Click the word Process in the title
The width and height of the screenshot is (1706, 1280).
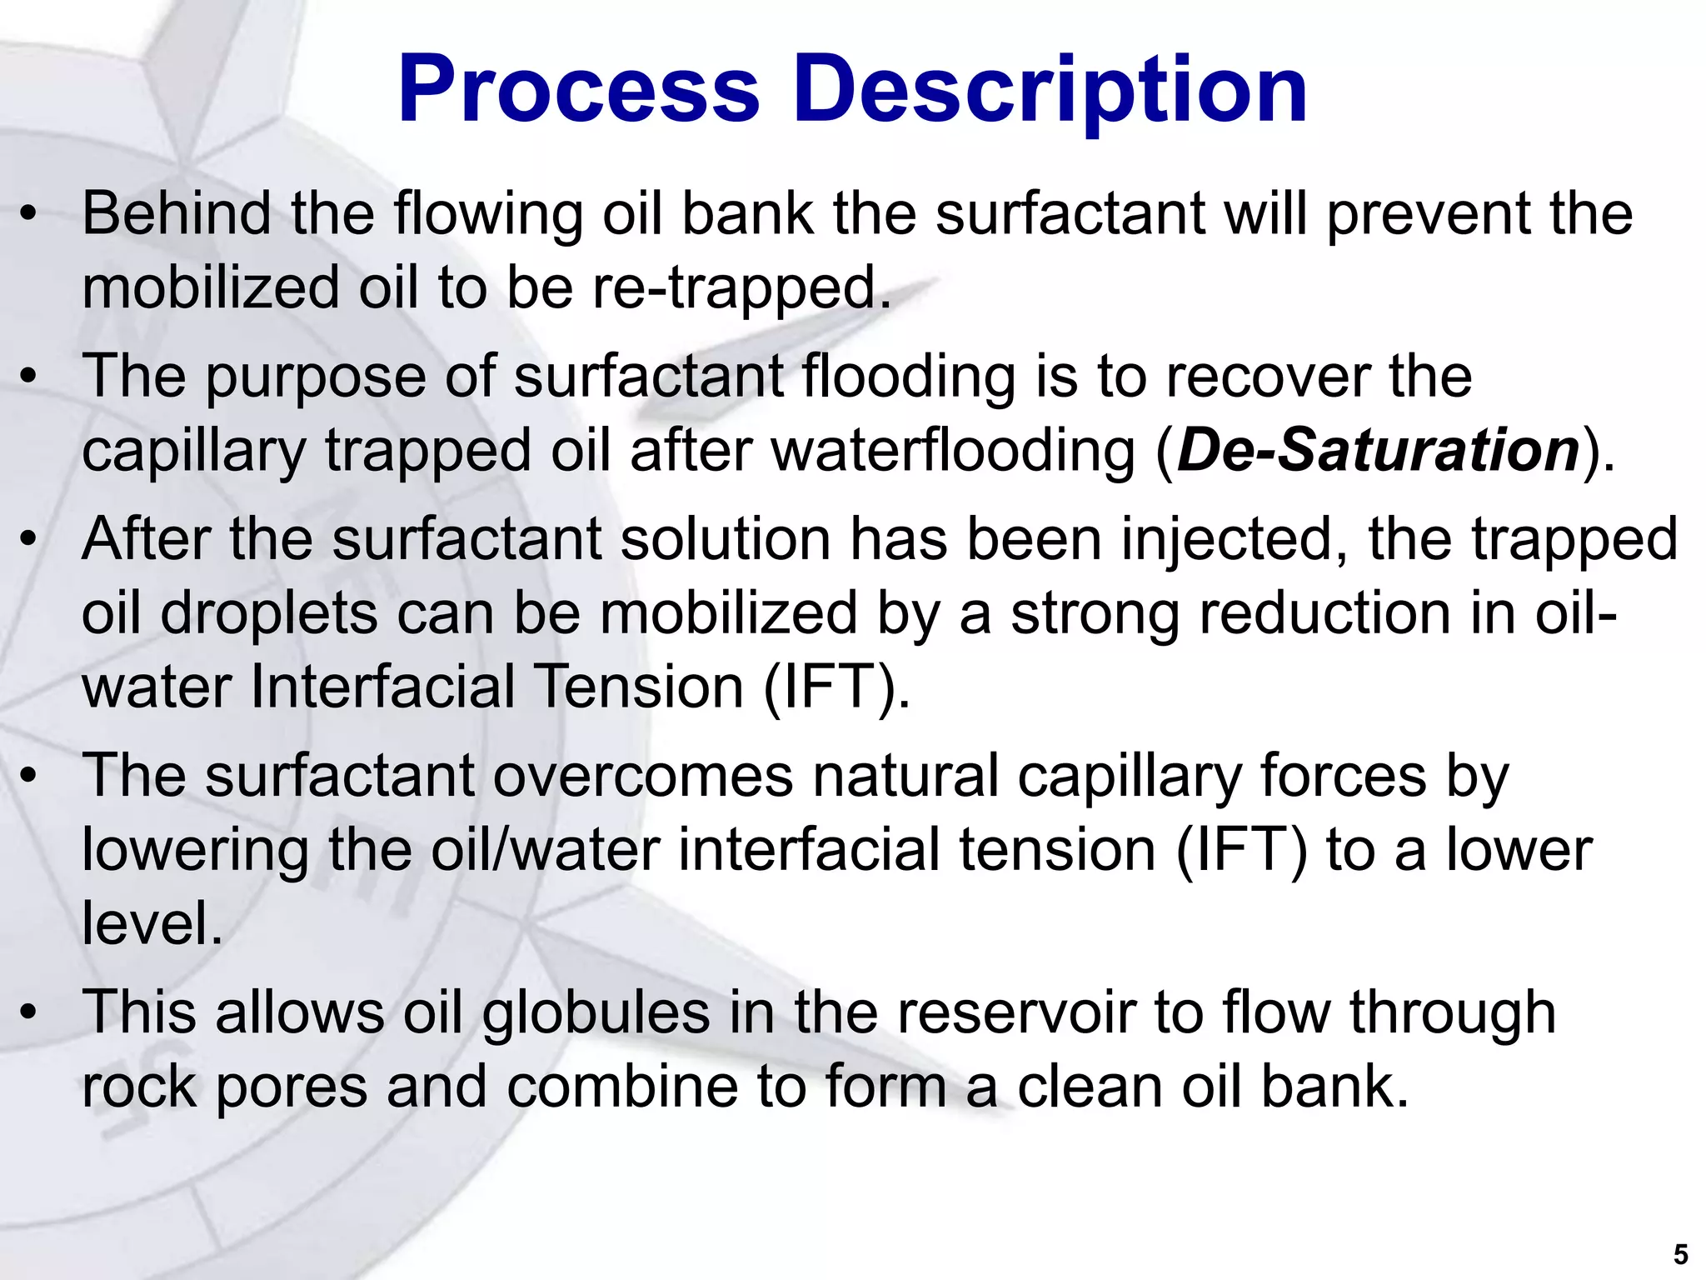coord(579,89)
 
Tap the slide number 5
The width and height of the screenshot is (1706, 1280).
coord(1680,1254)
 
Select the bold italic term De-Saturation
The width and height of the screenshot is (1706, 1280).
coord(1379,451)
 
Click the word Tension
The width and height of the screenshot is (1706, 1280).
coord(638,687)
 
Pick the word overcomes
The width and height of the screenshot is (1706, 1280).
coord(643,776)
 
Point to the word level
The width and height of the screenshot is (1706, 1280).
coord(152,923)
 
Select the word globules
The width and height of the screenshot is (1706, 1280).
coord(596,1012)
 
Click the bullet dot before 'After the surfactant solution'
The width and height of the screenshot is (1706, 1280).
coord(29,540)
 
